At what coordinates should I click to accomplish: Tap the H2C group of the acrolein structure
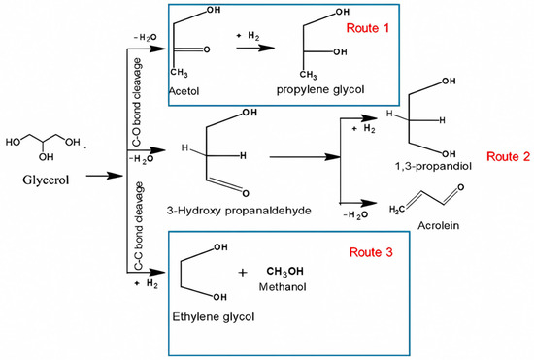pos(402,208)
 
